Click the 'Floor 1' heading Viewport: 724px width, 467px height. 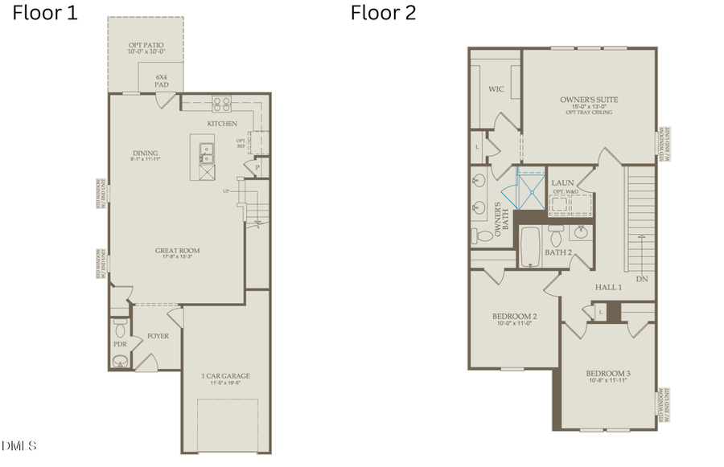pos(45,13)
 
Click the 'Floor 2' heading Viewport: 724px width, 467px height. pos(383,13)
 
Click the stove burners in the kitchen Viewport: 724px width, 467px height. pos(221,104)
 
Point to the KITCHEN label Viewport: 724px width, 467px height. pos(222,124)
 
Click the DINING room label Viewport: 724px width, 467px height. pos(146,154)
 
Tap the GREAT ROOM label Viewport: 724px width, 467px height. pos(177,251)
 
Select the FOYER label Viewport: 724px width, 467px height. pos(158,336)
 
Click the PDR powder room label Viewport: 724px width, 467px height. pos(120,344)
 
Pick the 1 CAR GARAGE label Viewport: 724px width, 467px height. pos(225,376)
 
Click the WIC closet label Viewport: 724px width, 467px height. pos(496,89)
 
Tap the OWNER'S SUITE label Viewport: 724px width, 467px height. pos(589,100)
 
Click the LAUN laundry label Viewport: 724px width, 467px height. pos(562,183)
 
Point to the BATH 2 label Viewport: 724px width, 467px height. pos(557,252)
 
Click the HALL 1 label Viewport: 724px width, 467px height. pos(607,287)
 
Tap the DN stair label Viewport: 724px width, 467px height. pos(641,279)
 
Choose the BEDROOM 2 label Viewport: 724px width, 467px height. pos(514,317)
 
